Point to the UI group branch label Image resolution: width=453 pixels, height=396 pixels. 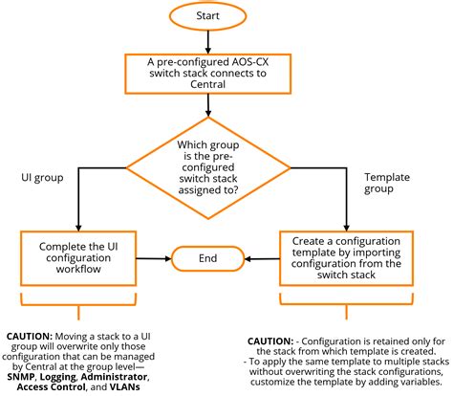coord(41,178)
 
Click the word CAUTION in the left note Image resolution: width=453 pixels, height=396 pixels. coord(30,337)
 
